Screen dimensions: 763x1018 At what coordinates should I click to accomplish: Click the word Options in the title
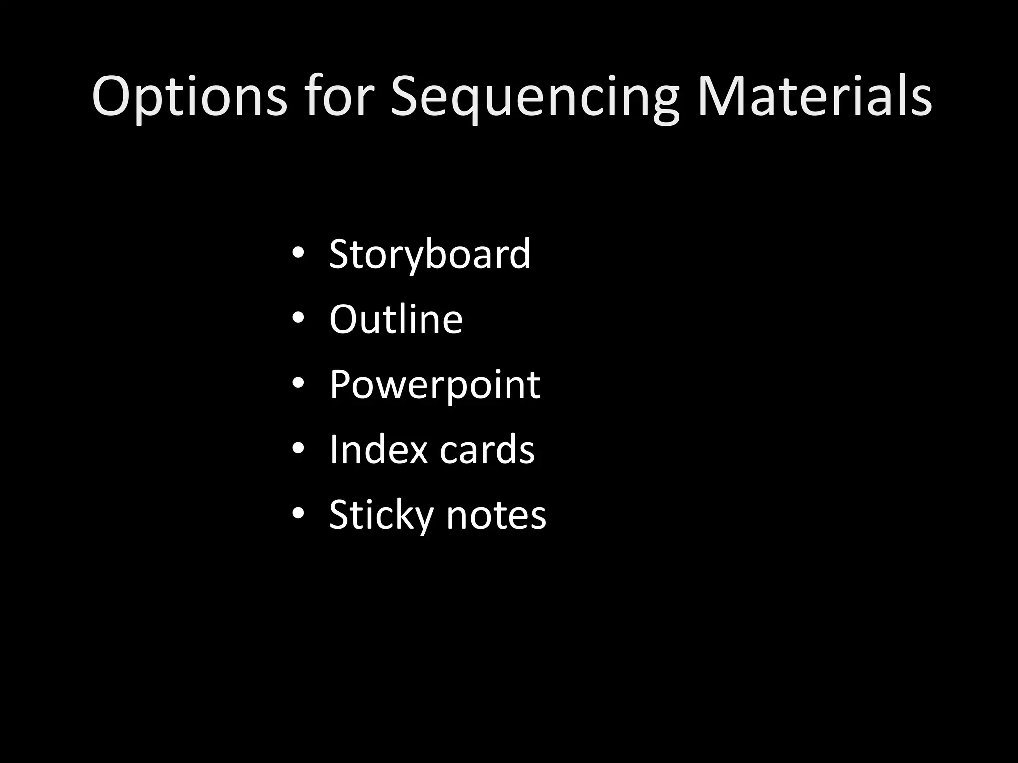[x=189, y=97]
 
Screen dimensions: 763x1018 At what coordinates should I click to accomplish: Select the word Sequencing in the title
[x=534, y=97]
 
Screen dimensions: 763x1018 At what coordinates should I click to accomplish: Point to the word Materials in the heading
[x=814, y=97]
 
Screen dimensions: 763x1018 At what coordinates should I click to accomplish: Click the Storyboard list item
[x=430, y=254]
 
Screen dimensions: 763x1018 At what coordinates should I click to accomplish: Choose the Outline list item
[x=396, y=319]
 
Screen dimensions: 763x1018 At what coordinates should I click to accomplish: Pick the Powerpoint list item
[x=434, y=384]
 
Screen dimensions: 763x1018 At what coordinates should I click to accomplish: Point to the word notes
[x=496, y=515]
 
